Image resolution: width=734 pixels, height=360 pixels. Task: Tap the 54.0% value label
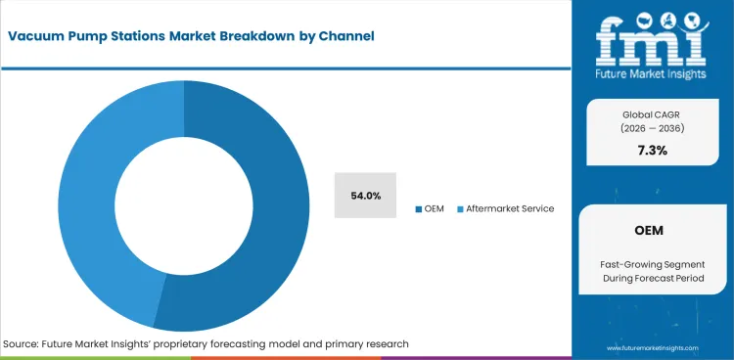coord(365,196)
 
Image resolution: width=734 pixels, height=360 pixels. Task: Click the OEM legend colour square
coord(419,208)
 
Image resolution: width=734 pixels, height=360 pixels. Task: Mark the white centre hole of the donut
coord(183,205)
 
